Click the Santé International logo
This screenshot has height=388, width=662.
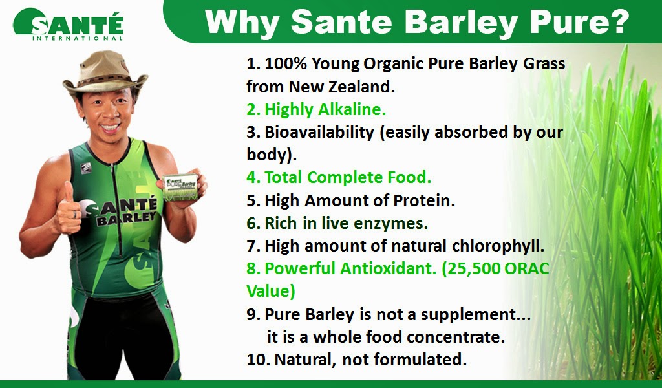tap(68, 25)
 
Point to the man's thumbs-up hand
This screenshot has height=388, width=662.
tap(69, 207)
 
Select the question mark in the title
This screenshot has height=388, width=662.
tap(619, 21)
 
